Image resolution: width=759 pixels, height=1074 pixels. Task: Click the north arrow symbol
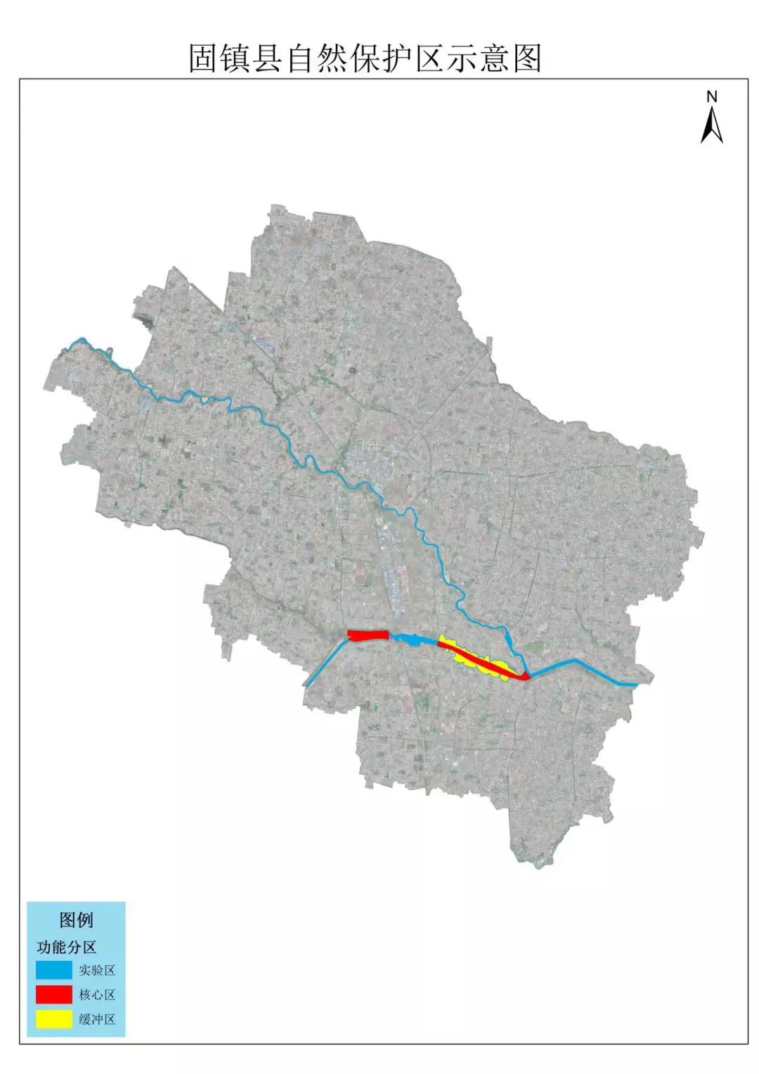tap(712, 125)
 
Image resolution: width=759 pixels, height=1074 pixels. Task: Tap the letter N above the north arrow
tap(712, 96)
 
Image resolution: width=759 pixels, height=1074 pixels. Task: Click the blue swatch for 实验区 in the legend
tap(54, 970)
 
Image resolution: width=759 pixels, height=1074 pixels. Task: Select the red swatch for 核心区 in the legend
tap(54, 995)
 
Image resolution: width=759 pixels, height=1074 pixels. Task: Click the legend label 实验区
tap(97, 971)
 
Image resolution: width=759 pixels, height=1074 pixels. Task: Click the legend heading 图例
tap(76, 920)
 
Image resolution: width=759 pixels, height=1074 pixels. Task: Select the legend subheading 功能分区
tap(66, 947)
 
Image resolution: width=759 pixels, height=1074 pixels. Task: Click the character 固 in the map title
tap(202, 59)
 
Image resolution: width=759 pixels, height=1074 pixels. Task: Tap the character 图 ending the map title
tap(527, 59)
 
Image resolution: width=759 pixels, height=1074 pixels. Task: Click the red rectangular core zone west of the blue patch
tap(368, 635)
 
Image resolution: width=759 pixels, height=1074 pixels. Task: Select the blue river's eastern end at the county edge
tap(636, 683)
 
